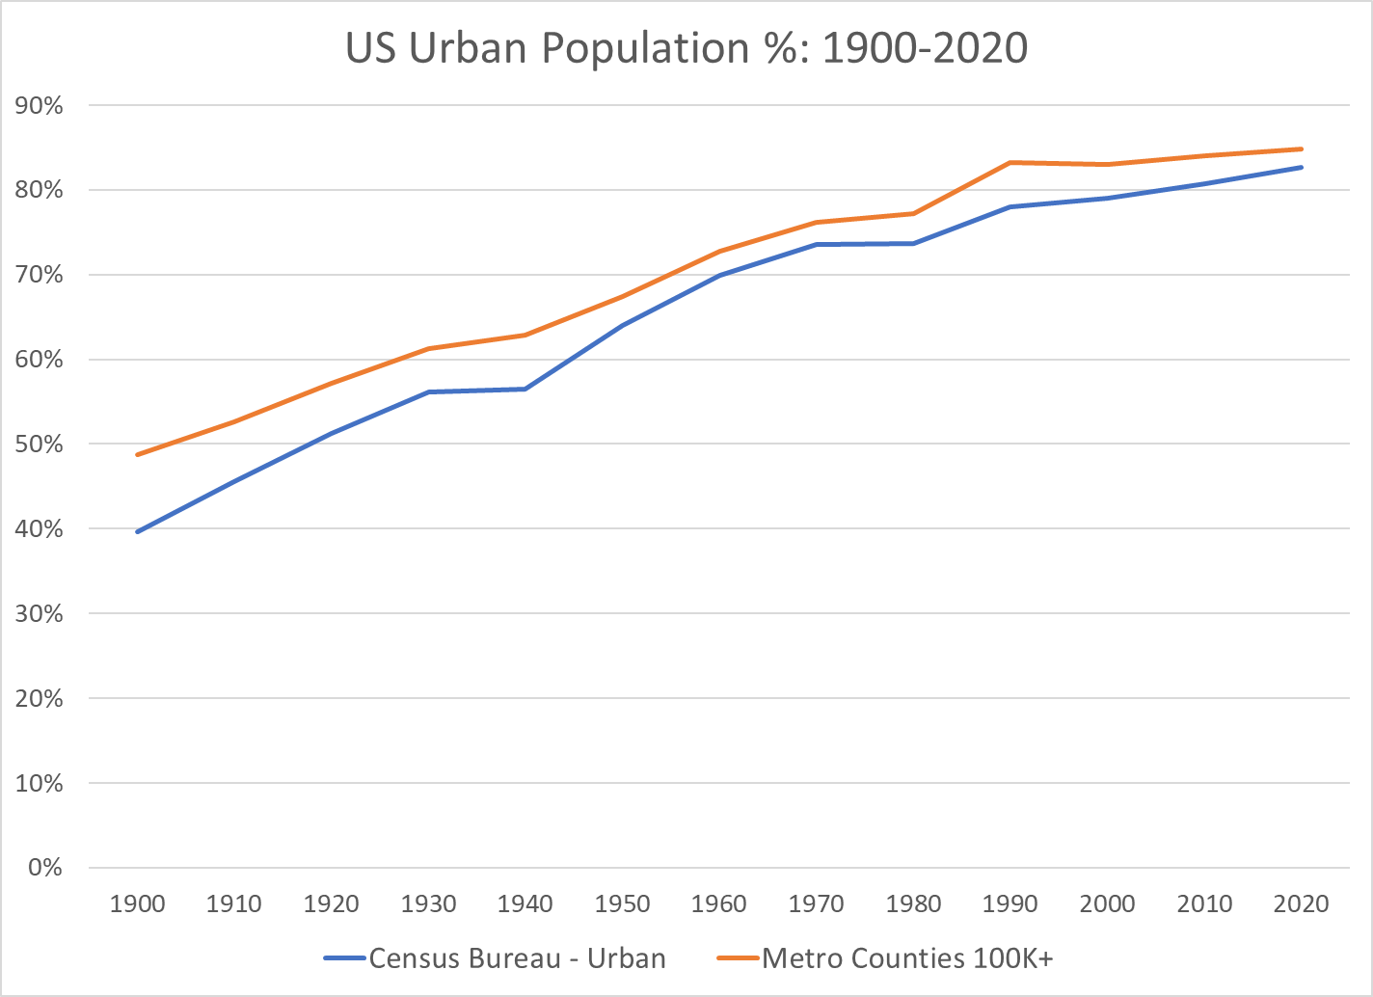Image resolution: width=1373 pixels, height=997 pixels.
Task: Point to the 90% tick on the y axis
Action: tap(40, 106)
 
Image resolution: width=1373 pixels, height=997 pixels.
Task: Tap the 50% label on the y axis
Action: tap(40, 445)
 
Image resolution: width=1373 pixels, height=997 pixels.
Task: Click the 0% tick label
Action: tap(45, 868)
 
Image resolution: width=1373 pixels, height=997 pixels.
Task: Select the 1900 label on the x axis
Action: tap(138, 903)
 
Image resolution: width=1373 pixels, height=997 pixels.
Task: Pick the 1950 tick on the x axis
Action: tap(622, 903)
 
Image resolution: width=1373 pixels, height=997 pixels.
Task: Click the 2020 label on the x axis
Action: tap(1301, 903)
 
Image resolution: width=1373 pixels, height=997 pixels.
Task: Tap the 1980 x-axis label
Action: tap(913, 903)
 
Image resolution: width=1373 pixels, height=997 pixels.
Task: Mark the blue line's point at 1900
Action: tap(138, 531)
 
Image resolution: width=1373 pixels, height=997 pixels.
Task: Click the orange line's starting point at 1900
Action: tap(138, 454)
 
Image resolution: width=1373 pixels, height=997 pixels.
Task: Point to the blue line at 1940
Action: tap(525, 389)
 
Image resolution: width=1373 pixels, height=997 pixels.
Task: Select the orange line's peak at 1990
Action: tap(1010, 162)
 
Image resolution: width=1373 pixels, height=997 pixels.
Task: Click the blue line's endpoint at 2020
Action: tap(1301, 167)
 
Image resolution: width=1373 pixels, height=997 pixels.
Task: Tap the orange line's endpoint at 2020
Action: tap(1301, 148)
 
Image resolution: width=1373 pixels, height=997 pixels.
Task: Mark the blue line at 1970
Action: tap(816, 244)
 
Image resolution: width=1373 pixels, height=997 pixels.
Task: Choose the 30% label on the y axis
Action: tap(40, 613)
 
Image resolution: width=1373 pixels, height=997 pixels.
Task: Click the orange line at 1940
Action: tap(525, 335)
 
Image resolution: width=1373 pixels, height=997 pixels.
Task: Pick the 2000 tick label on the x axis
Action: tap(1107, 903)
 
